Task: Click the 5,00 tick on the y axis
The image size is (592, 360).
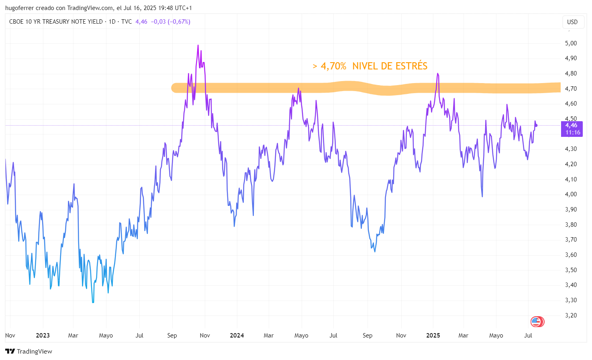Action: coord(571,43)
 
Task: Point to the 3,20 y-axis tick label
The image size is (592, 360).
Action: coord(571,315)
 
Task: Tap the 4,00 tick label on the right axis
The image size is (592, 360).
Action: coord(571,194)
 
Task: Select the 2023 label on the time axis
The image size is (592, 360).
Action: coord(43,336)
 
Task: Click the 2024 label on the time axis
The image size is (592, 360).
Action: coord(237,336)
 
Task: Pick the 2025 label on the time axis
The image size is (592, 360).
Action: coord(433,336)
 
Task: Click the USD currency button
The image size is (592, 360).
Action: coord(572,22)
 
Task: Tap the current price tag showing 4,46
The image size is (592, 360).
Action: coord(571,126)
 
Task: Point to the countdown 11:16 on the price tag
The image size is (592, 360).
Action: coord(573,132)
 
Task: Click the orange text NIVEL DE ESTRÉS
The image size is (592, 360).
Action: coord(390,66)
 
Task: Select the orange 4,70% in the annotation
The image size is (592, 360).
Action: coord(333,66)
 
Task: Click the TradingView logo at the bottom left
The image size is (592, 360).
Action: coord(29,352)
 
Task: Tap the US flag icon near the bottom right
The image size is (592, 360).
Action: coord(536,321)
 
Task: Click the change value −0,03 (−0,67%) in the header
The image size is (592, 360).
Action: coord(170,22)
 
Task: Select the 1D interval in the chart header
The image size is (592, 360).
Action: coord(112,22)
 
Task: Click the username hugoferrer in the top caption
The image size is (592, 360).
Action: coord(19,8)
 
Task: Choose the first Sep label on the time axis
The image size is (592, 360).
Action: coord(172,336)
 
